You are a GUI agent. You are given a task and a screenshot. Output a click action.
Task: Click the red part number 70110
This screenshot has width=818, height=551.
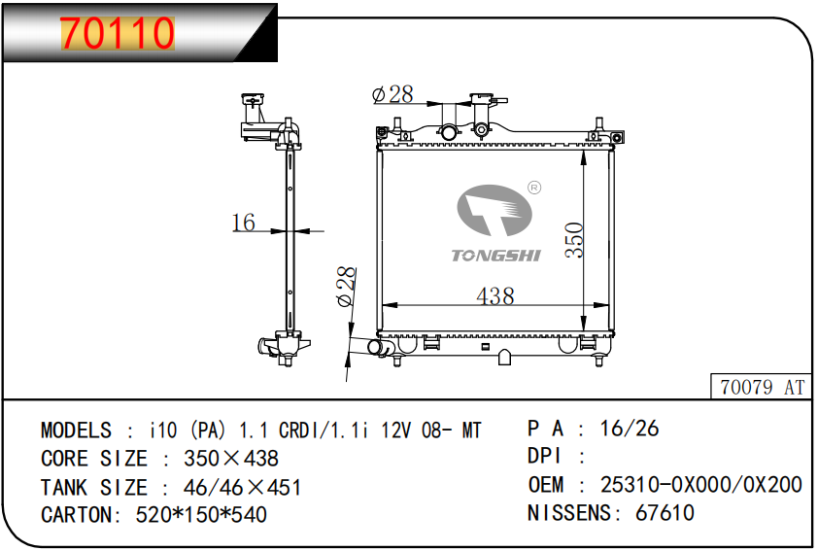[118, 33]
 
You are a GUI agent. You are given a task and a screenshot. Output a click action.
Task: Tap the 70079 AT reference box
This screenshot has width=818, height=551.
[761, 387]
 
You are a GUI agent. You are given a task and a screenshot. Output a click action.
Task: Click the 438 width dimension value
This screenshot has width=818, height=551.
[495, 295]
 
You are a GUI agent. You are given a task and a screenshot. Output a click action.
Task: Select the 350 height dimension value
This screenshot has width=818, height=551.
[574, 239]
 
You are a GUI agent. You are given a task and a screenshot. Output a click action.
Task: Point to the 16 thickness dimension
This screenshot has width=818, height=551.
[243, 223]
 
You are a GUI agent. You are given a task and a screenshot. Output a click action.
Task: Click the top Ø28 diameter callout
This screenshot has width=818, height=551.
[392, 94]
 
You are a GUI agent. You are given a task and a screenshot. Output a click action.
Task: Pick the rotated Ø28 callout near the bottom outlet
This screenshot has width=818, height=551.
[346, 287]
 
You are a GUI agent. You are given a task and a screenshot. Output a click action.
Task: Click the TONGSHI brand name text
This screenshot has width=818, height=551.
[495, 256]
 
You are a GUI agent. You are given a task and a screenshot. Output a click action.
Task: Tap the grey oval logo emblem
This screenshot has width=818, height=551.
[494, 210]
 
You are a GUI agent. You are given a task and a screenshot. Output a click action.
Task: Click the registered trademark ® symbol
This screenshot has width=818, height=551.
[534, 188]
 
